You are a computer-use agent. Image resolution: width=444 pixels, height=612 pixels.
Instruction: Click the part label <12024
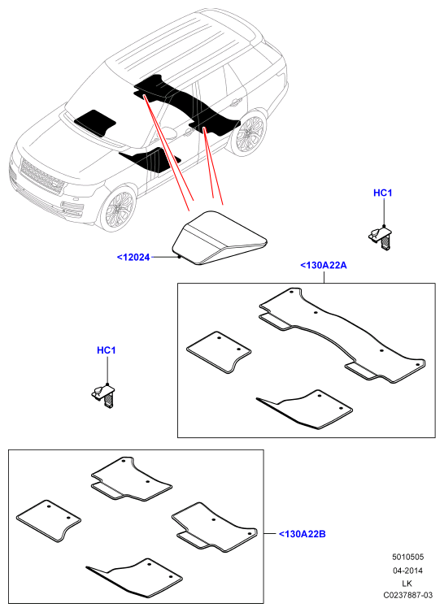coord(133,257)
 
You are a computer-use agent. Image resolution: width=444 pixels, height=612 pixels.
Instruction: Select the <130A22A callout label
coord(324,266)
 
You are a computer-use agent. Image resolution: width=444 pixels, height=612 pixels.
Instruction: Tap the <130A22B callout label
coord(303,534)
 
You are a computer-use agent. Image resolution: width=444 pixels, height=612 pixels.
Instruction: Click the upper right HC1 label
coord(383,193)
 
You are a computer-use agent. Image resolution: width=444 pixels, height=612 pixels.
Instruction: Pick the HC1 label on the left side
coord(107,350)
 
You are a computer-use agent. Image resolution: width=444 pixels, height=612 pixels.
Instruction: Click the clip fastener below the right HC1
coord(380,238)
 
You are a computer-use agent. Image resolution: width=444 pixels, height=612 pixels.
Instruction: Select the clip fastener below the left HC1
coord(103,396)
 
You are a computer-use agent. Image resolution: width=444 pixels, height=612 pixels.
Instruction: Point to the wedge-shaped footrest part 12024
coord(219,239)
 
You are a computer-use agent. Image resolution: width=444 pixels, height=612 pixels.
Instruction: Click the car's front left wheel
coord(117,207)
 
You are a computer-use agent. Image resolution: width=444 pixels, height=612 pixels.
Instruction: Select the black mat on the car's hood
coord(95,123)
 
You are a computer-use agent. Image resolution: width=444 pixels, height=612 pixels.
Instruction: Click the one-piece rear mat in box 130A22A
coord(342,335)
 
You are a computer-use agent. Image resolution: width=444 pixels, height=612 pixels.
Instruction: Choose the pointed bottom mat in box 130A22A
coord(305,409)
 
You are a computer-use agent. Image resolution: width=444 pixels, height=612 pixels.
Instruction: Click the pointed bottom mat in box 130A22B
coord(134,578)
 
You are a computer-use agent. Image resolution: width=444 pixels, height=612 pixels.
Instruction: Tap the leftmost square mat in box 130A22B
coord(49,521)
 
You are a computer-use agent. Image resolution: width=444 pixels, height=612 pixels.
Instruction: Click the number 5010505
coord(407,557)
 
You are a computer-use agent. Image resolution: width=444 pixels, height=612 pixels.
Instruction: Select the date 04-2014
coord(407,571)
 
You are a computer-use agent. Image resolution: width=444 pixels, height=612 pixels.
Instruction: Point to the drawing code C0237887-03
coord(407,595)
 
